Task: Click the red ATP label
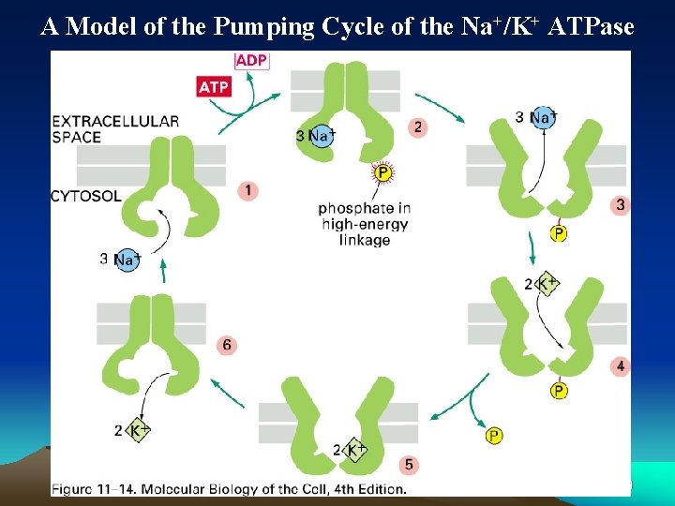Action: (x=214, y=87)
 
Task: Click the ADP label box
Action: (x=251, y=61)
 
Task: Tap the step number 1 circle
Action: (x=247, y=191)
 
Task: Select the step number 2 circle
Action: (x=417, y=126)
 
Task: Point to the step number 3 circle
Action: (x=620, y=204)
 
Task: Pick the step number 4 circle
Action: (x=620, y=365)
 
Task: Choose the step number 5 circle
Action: (x=406, y=464)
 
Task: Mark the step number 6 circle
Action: (x=226, y=346)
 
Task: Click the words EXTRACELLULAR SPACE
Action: (x=115, y=129)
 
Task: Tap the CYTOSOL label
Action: (x=86, y=196)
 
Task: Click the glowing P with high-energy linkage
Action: (x=382, y=172)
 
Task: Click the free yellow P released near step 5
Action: (x=493, y=435)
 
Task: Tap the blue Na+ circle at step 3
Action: (x=543, y=118)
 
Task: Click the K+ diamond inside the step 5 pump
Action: (x=355, y=451)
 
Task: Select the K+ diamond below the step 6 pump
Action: (x=139, y=431)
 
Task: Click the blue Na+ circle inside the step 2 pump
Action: (x=322, y=137)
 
